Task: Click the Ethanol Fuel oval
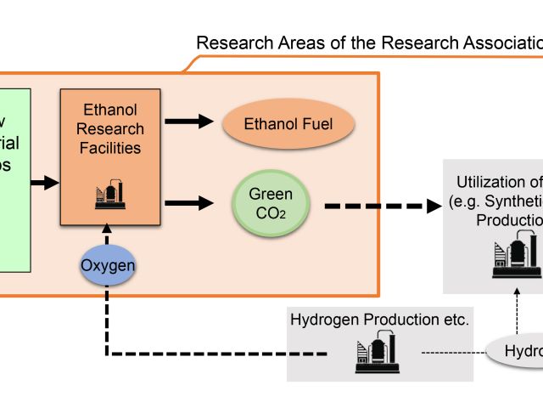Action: pos(288,125)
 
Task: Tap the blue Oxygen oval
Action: pos(109,266)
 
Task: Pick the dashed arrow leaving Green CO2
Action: pos(382,205)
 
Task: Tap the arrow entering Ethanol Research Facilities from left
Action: pos(42,182)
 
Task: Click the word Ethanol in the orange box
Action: pos(110,110)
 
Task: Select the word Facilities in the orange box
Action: pos(110,148)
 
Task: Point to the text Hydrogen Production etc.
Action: pos(380,320)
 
